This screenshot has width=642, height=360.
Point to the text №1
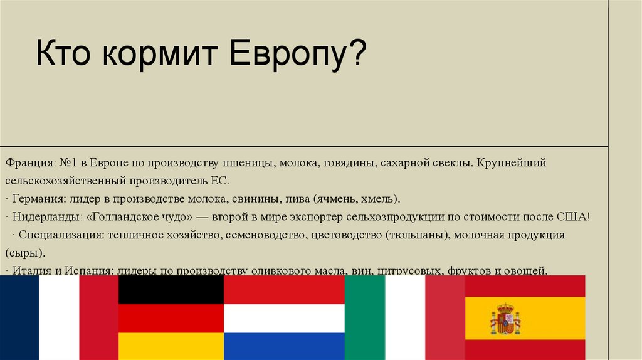click(68, 163)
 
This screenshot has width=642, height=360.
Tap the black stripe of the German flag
click(171, 289)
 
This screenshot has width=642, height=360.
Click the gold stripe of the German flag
click(171, 346)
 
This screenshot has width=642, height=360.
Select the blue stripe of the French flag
click(19, 317)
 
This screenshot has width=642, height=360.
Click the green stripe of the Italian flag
click(364, 317)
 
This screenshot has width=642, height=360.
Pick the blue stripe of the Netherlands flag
click(284, 346)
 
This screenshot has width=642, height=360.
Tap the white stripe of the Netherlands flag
click(284, 318)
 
